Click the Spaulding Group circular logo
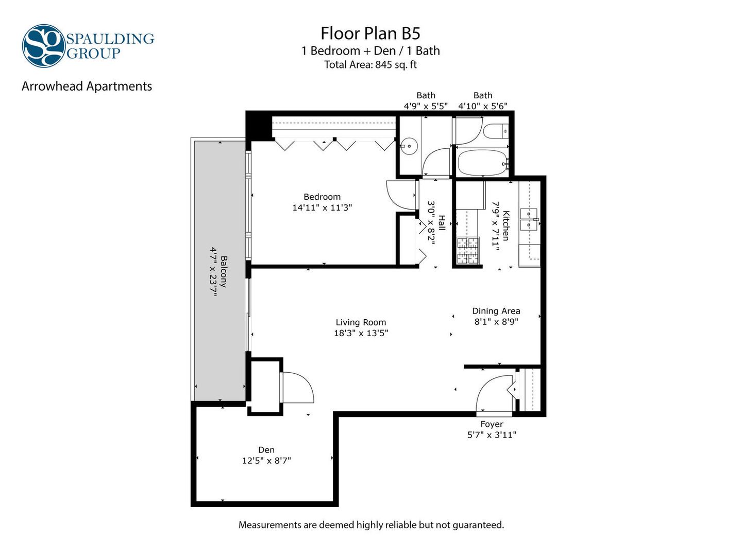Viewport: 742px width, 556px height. [44, 46]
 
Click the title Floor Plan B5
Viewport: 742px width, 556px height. [370, 33]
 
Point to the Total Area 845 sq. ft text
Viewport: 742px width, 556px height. [370, 64]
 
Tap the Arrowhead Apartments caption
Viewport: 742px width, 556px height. [87, 86]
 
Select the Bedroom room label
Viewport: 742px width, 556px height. [322, 197]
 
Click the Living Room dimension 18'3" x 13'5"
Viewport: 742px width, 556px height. [361, 333]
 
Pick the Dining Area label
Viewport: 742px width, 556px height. [496, 311]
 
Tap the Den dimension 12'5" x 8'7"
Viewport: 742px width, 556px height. [266, 460]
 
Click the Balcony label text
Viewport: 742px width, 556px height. [224, 271]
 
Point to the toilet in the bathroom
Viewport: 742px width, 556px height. [496, 131]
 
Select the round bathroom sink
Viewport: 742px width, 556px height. [409, 146]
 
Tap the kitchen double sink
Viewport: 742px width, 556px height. [529, 219]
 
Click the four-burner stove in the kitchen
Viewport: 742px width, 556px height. [468, 251]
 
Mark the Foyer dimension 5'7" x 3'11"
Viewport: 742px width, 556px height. [492, 435]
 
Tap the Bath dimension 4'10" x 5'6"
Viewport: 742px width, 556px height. [482, 106]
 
